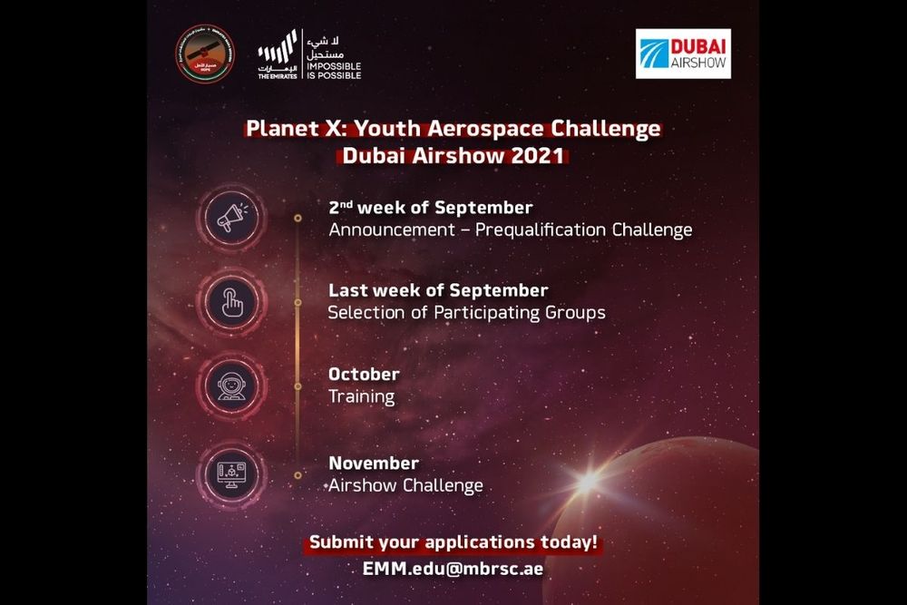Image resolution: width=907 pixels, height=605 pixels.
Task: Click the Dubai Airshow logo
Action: [x=683, y=54]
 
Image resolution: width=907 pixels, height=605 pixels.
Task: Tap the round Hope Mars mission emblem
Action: [x=203, y=54]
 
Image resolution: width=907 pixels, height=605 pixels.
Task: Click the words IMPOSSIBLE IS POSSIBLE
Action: [x=335, y=70]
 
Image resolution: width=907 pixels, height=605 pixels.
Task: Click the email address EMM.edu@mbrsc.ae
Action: [x=453, y=570]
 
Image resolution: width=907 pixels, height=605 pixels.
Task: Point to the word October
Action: [x=364, y=374]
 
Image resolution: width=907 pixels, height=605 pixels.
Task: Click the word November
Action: [x=374, y=464]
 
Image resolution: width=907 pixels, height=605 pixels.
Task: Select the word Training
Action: [x=362, y=396]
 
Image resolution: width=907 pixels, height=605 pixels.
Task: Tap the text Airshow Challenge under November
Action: [x=405, y=485]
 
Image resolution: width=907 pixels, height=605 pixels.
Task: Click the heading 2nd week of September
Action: [x=431, y=208]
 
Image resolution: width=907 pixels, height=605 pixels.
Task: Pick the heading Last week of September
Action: [x=438, y=290]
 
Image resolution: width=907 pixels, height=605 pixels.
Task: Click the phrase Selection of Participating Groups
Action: [x=466, y=313]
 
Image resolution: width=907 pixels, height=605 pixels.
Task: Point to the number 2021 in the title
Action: [x=534, y=155]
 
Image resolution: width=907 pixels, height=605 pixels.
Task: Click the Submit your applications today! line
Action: [x=453, y=543]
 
